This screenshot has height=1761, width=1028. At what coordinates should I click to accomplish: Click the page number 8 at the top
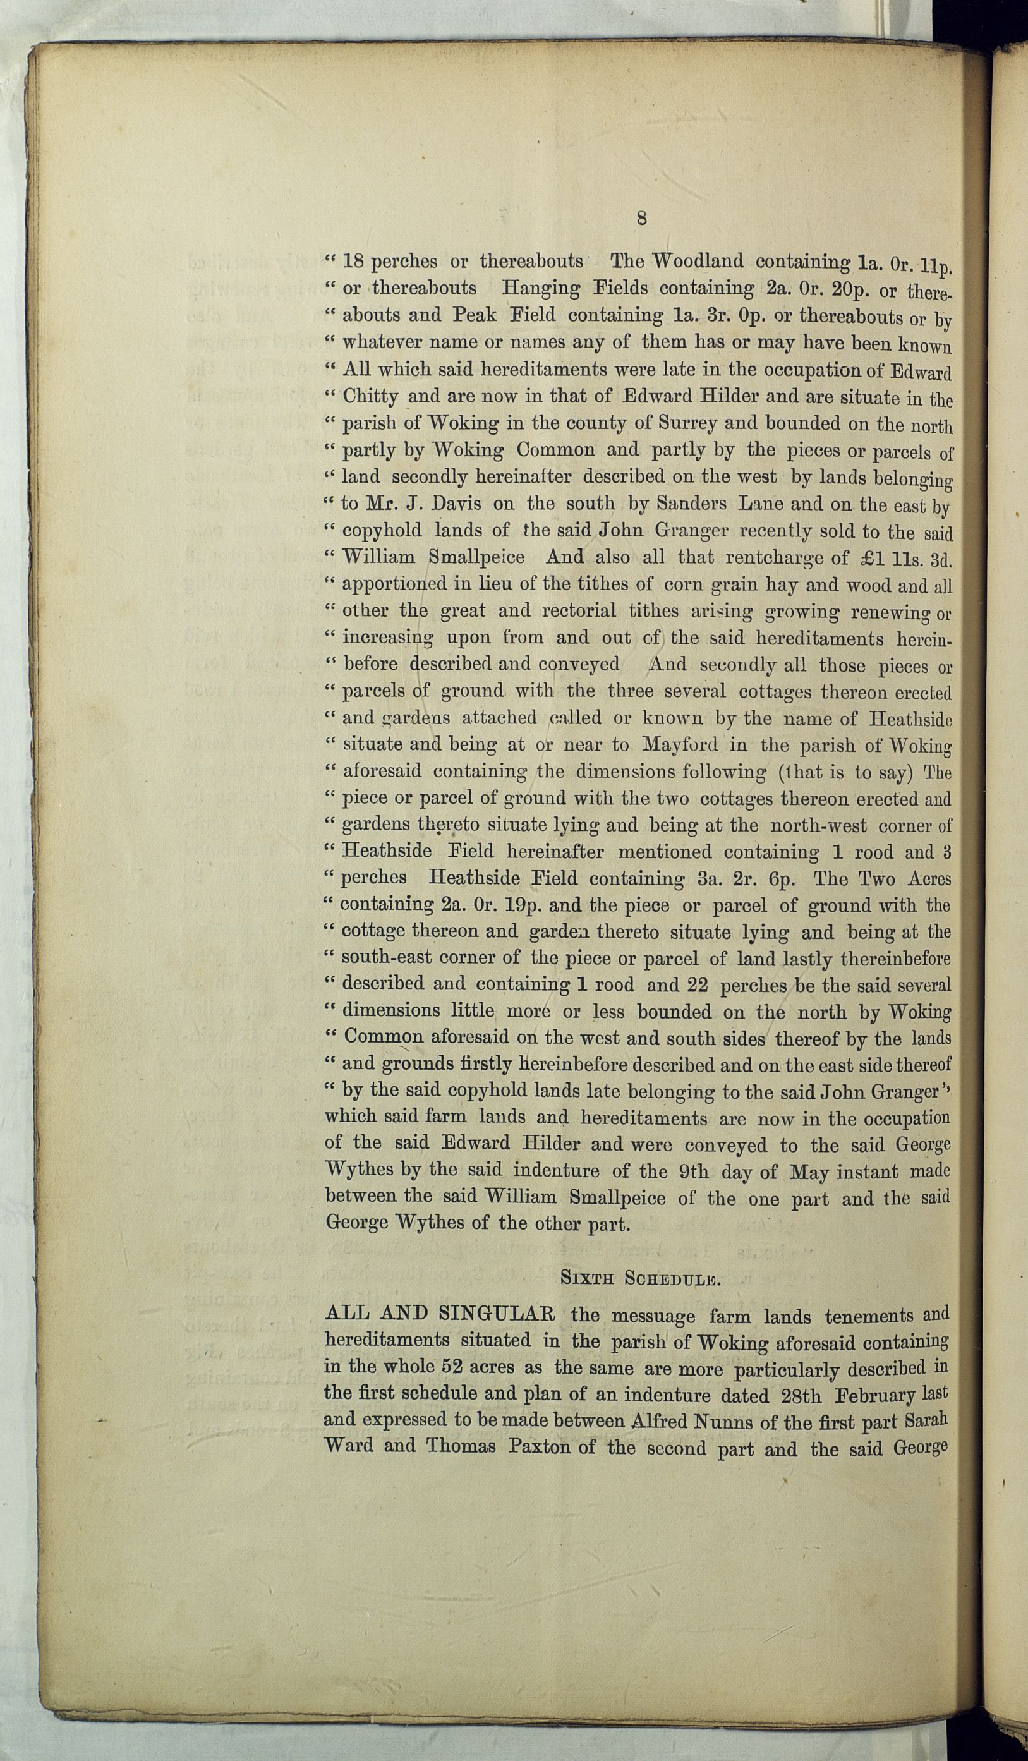pos(641,217)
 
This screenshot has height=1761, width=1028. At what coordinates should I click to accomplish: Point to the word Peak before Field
pos(475,315)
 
